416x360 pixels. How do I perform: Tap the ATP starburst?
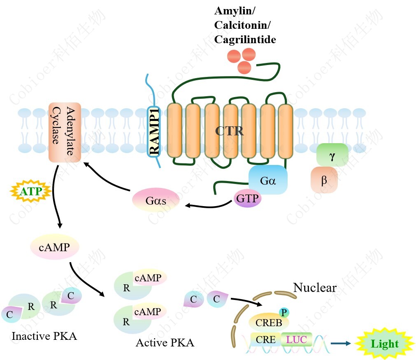31,191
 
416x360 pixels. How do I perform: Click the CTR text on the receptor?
230,132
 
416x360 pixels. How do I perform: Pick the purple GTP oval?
248,199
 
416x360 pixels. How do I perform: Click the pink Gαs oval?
156,201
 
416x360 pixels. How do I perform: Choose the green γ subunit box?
332,155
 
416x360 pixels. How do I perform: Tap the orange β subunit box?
324,180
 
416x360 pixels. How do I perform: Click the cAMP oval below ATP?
54,247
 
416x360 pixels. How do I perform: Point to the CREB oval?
269,322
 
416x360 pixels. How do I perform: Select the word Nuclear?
315,288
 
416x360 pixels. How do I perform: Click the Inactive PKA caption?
44,336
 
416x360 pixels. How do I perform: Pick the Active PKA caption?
165,342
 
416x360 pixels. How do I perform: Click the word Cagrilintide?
245,39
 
